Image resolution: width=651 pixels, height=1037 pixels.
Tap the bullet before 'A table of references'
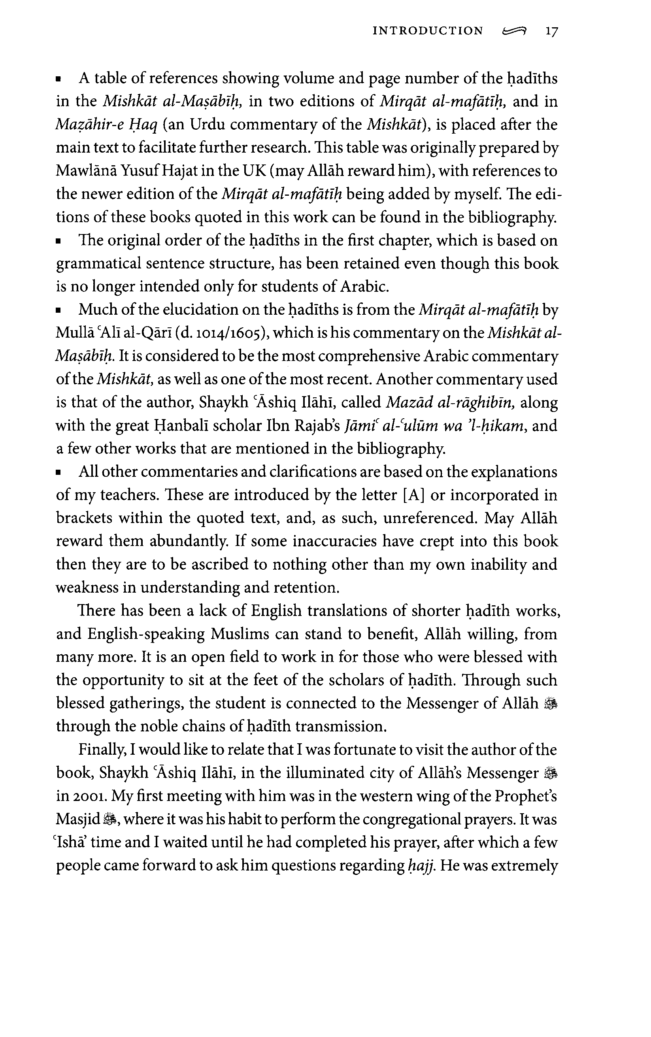pyautogui.click(x=58, y=80)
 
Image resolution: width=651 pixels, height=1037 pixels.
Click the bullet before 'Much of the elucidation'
pyautogui.click(x=58, y=310)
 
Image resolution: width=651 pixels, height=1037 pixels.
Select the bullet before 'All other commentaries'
pyautogui.click(x=58, y=473)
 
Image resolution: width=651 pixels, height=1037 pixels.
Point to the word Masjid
pyautogui.click(x=78, y=820)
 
